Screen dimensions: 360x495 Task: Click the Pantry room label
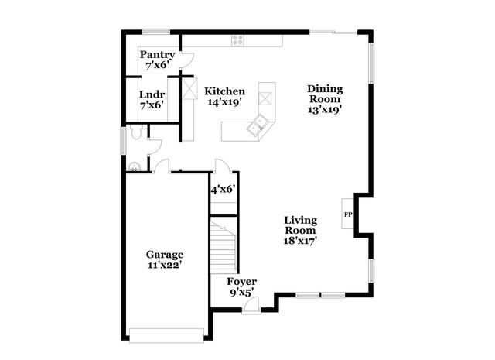point(157,55)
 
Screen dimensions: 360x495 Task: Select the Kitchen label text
point(224,91)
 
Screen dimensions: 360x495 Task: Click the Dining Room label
point(324,93)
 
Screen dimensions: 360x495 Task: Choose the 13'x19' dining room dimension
point(324,109)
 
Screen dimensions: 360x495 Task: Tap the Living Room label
point(300,225)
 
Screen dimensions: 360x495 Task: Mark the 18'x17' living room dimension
point(301,241)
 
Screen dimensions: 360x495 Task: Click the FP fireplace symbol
point(348,214)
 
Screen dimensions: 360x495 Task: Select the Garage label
point(166,255)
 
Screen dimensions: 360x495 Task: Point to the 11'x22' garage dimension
point(166,266)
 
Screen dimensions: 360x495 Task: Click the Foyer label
point(241,281)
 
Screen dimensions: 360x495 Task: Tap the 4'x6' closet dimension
point(223,188)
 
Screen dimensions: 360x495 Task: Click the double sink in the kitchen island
point(258,125)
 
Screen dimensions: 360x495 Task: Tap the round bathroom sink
point(134,164)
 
